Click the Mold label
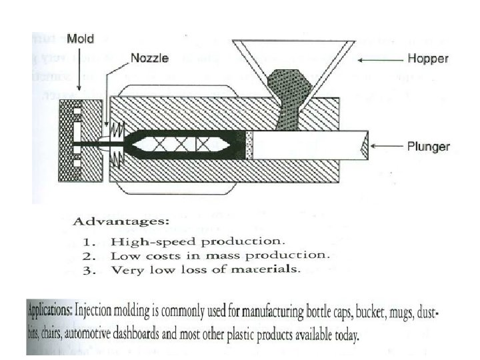click(x=80, y=39)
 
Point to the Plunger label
click(x=428, y=146)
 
